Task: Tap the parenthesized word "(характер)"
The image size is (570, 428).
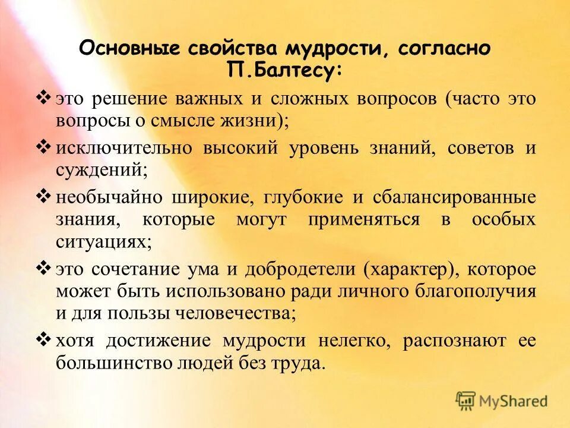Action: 410,269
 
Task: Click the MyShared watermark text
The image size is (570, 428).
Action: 514,401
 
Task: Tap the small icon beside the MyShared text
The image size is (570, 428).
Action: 466,401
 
